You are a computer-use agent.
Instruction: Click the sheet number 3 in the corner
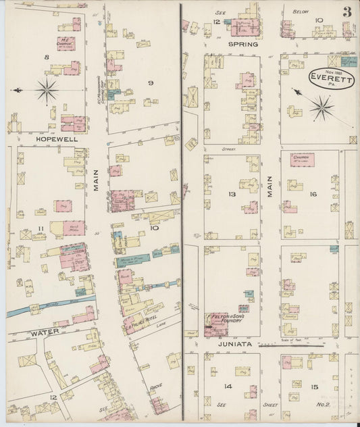346,11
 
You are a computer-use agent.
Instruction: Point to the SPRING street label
242,44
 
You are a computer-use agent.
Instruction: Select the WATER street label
45,332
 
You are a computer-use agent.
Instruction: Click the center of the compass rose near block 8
47,89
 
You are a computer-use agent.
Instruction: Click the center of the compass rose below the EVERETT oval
322,106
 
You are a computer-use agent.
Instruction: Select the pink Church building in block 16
302,160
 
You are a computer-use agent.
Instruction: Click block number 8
47,57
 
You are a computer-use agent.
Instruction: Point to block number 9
151,82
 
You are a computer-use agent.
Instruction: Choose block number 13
232,194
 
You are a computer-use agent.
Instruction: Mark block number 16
313,194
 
